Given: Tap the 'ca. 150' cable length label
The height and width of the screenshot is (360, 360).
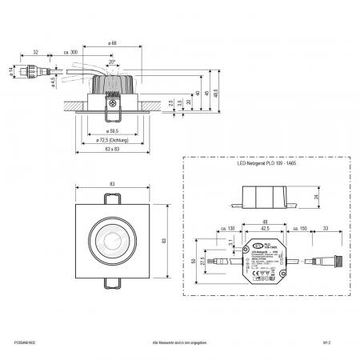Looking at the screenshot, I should click(303, 230).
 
